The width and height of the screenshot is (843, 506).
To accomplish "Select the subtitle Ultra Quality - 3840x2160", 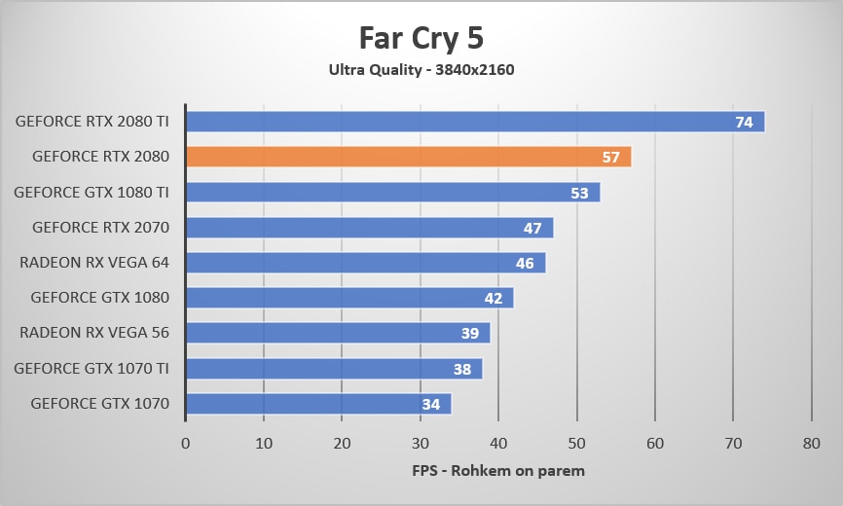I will coord(421,69).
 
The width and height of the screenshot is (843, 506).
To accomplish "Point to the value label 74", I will coord(745,123).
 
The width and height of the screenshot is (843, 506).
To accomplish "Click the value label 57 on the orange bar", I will coord(611,158).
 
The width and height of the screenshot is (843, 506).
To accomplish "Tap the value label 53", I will coord(579,193).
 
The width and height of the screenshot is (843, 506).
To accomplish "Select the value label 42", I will coord(494,298).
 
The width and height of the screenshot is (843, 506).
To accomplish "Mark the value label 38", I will coord(462,369).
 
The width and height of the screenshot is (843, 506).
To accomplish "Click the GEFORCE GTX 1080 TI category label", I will coord(92,192).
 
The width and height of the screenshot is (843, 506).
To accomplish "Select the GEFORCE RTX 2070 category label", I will coord(100,227).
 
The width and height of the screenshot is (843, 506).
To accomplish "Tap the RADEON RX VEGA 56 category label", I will coord(94,332).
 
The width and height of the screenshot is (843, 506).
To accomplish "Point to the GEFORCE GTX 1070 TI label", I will coord(92,368).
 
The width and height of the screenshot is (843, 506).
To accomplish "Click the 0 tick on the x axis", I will coord(185,443).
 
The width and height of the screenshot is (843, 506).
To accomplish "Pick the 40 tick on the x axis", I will coord(498,443).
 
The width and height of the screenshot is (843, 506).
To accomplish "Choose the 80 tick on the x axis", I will coord(811,443).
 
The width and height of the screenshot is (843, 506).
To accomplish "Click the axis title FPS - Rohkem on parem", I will coord(498,471).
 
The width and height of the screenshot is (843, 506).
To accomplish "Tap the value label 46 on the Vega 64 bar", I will coord(525,263).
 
